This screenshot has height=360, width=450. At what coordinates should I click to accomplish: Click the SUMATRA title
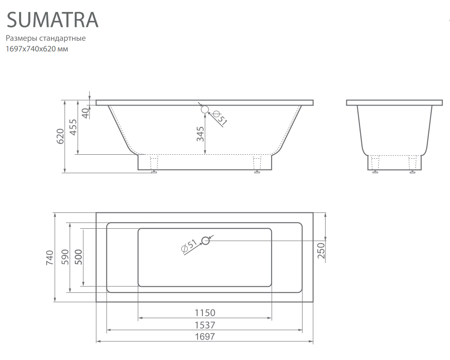pos(53,20)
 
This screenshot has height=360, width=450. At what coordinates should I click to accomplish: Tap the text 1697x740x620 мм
pos(37,49)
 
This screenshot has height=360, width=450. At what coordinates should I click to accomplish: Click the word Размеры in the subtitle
pos(21,39)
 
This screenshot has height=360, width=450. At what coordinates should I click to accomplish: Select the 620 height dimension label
pos(60,136)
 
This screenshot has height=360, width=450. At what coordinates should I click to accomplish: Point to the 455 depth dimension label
pos(74,127)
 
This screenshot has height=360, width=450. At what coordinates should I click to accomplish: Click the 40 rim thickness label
pos(85,113)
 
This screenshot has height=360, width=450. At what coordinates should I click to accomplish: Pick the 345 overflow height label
pos(200,134)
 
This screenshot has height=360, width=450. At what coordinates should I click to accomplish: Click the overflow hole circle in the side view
pos(205,110)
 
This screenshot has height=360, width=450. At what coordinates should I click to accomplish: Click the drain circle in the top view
pos(206,241)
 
